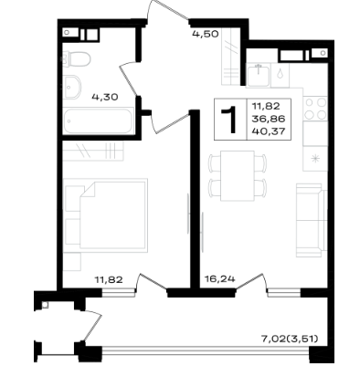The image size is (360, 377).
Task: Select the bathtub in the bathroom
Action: [98, 120]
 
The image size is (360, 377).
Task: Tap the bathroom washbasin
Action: [72, 87]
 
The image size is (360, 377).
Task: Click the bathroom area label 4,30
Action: [105, 98]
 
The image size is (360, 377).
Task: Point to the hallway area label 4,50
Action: [206, 34]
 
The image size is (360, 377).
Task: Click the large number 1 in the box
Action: [229, 120]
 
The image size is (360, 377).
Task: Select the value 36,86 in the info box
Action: [269, 119]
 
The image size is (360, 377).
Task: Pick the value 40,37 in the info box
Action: [269, 131]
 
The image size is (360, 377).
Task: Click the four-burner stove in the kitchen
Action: [315, 109]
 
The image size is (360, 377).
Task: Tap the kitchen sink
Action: [259, 75]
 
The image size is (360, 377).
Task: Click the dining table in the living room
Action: [238, 176]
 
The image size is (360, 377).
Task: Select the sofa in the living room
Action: [312, 220]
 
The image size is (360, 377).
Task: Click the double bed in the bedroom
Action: [106, 215]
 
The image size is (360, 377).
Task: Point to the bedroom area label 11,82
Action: [109, 279]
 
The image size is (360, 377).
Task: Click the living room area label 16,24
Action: [220, 278]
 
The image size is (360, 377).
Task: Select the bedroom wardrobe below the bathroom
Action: [93, 151]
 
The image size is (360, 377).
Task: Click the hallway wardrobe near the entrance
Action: [230, 57]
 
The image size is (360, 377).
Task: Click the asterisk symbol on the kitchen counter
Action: [315, 158]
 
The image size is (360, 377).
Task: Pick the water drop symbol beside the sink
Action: [280, 73]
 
